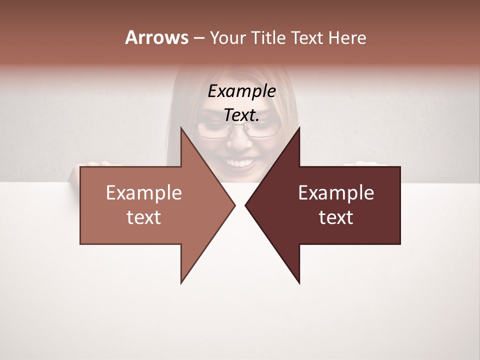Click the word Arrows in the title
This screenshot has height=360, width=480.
click(156, 37)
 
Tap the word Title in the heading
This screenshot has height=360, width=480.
click(268, 37)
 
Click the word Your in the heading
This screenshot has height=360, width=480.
click(228, 37)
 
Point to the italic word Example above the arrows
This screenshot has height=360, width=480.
click(241, 91)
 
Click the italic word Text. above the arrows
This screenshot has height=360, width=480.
click(241, 115)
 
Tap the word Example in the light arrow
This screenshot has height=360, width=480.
click(144, 193)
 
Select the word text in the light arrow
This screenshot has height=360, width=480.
click(144, 217)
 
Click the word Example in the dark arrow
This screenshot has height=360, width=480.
click(336, 193)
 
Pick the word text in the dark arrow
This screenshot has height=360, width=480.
click(336, 217)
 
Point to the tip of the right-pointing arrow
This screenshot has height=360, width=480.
click(234, 205)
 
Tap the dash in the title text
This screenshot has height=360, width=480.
click(198, 38)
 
